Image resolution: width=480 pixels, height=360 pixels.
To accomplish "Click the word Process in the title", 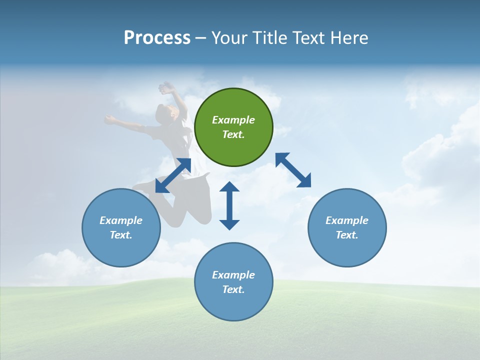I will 157,38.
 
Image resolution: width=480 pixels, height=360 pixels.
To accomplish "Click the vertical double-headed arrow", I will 229,205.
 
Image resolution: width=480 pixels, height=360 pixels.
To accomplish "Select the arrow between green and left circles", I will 173,175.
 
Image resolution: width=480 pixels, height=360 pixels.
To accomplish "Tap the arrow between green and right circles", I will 293,170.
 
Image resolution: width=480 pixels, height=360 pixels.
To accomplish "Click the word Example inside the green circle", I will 233,120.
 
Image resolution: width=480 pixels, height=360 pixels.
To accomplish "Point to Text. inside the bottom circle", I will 233,289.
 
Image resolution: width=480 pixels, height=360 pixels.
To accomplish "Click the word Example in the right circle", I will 347,220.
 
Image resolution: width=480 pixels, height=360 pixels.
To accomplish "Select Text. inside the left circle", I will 121,235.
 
